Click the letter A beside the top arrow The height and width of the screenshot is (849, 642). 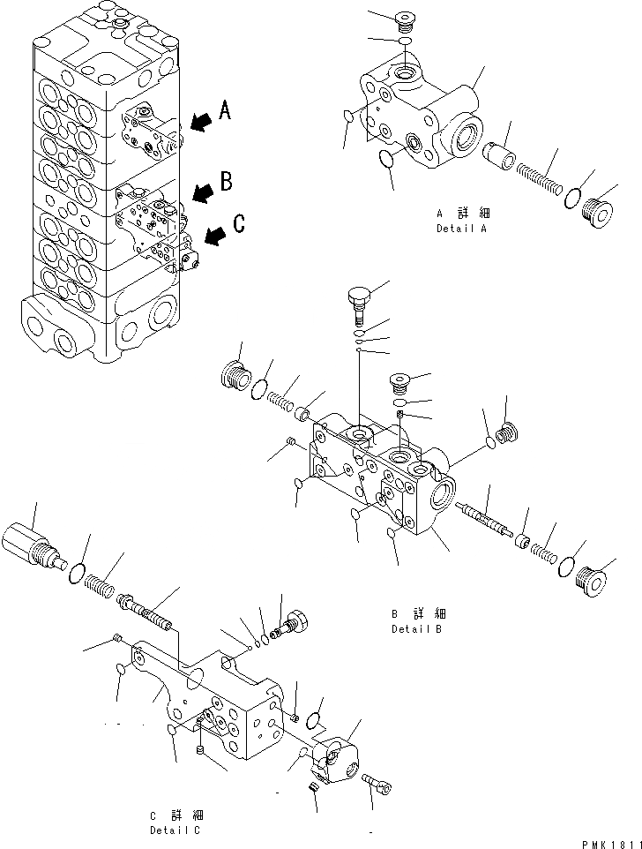(225, 110)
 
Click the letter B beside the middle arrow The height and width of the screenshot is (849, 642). (227, 182)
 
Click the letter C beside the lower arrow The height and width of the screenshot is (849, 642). (238, 225)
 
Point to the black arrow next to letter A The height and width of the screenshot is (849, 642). (200, 121)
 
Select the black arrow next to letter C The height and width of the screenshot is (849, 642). (214, 235)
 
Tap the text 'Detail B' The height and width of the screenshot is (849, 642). (417, 629)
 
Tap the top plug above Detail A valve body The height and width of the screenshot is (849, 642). (405, 19)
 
